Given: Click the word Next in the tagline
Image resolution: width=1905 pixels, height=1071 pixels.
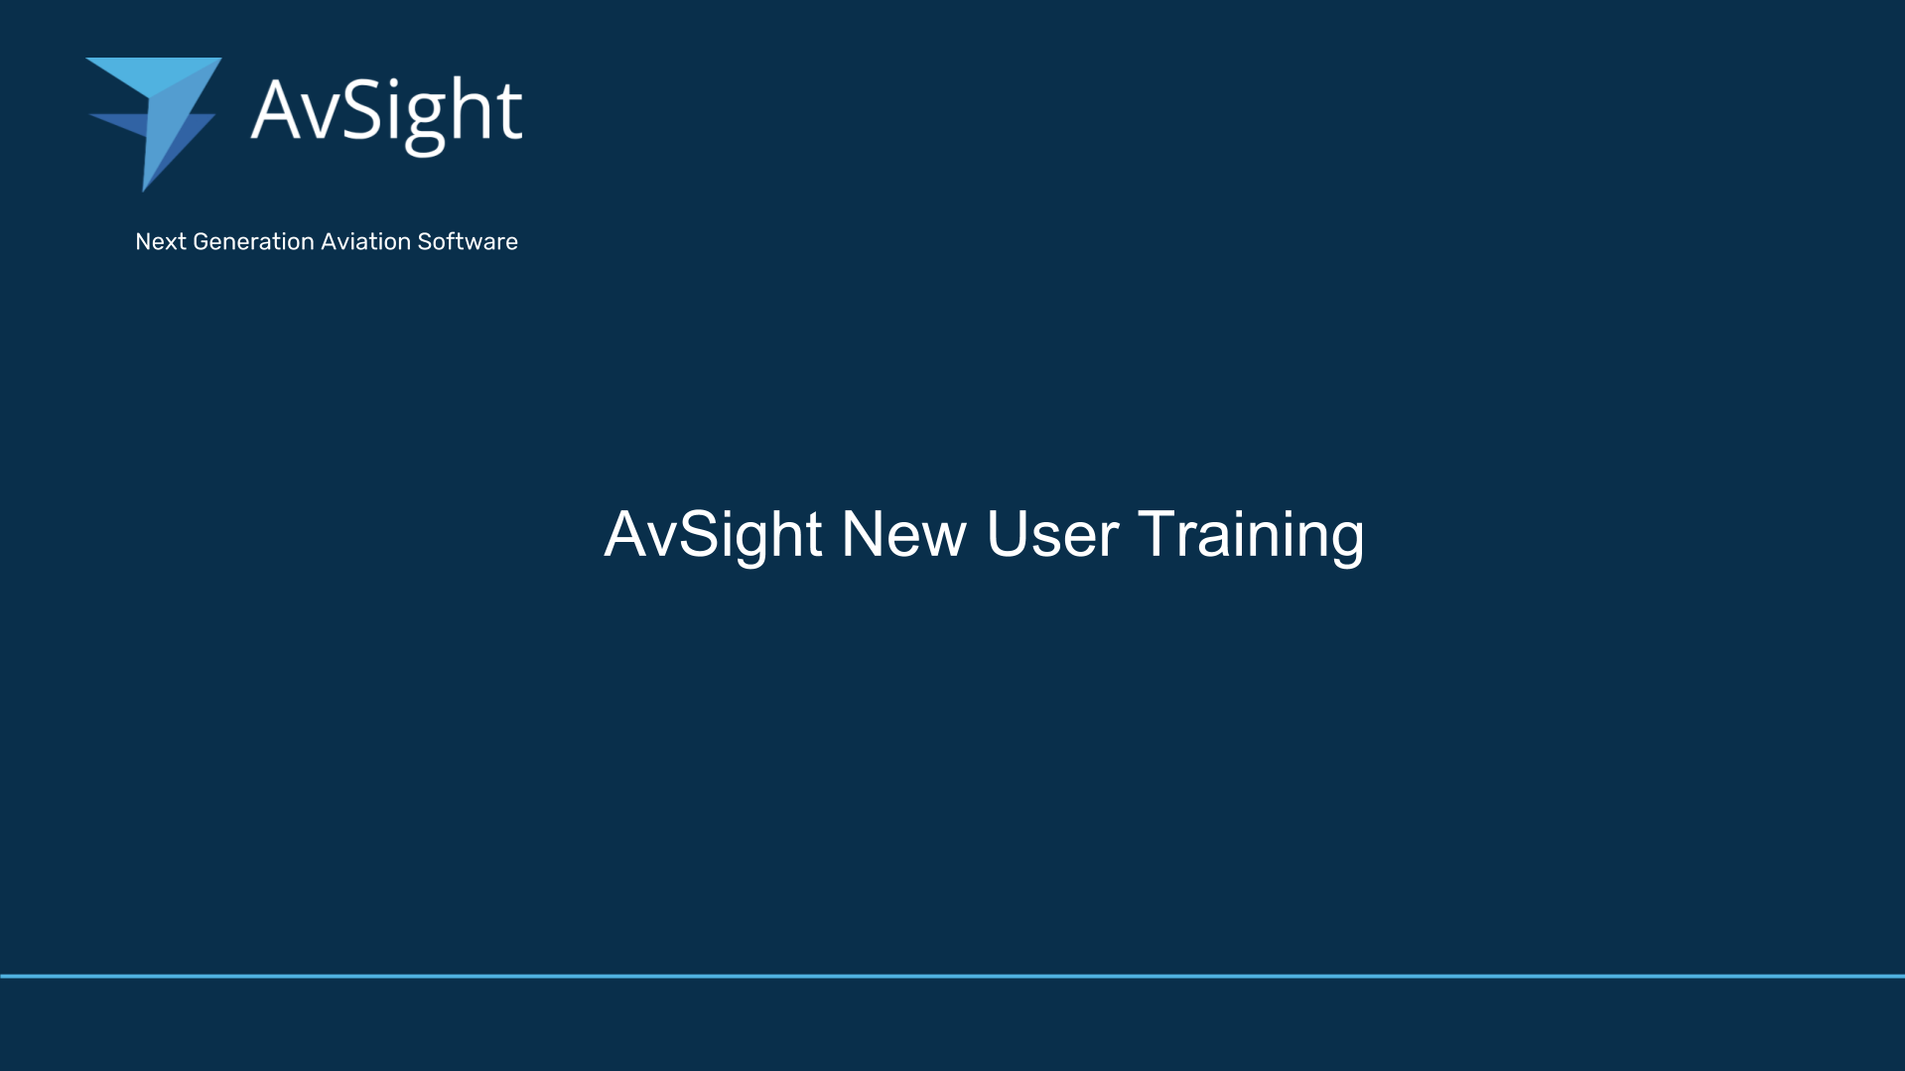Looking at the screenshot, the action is (x=160, y=242).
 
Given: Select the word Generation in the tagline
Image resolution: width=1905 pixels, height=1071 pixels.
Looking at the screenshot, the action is (x=253, y=242).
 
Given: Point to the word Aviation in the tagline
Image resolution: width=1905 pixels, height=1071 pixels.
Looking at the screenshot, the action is (x=366, y=242).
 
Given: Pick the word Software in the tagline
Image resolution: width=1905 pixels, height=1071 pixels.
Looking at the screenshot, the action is (x=468, y=242).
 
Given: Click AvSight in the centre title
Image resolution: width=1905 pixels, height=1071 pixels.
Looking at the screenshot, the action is (x=714, y=536).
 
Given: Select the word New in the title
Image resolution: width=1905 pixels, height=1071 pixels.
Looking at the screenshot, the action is (x=903, y=535).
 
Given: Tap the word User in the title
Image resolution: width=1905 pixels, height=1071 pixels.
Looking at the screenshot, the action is (x=1052, y=535).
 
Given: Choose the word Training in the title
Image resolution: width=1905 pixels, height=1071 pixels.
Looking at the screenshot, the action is (x=1251, y=537).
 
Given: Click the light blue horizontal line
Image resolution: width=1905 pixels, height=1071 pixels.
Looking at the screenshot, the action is (x=952, y=976).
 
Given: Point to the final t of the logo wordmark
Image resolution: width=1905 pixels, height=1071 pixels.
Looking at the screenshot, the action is (x=509, y=110).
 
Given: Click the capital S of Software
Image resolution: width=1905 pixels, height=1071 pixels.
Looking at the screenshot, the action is (x=425, y=242).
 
